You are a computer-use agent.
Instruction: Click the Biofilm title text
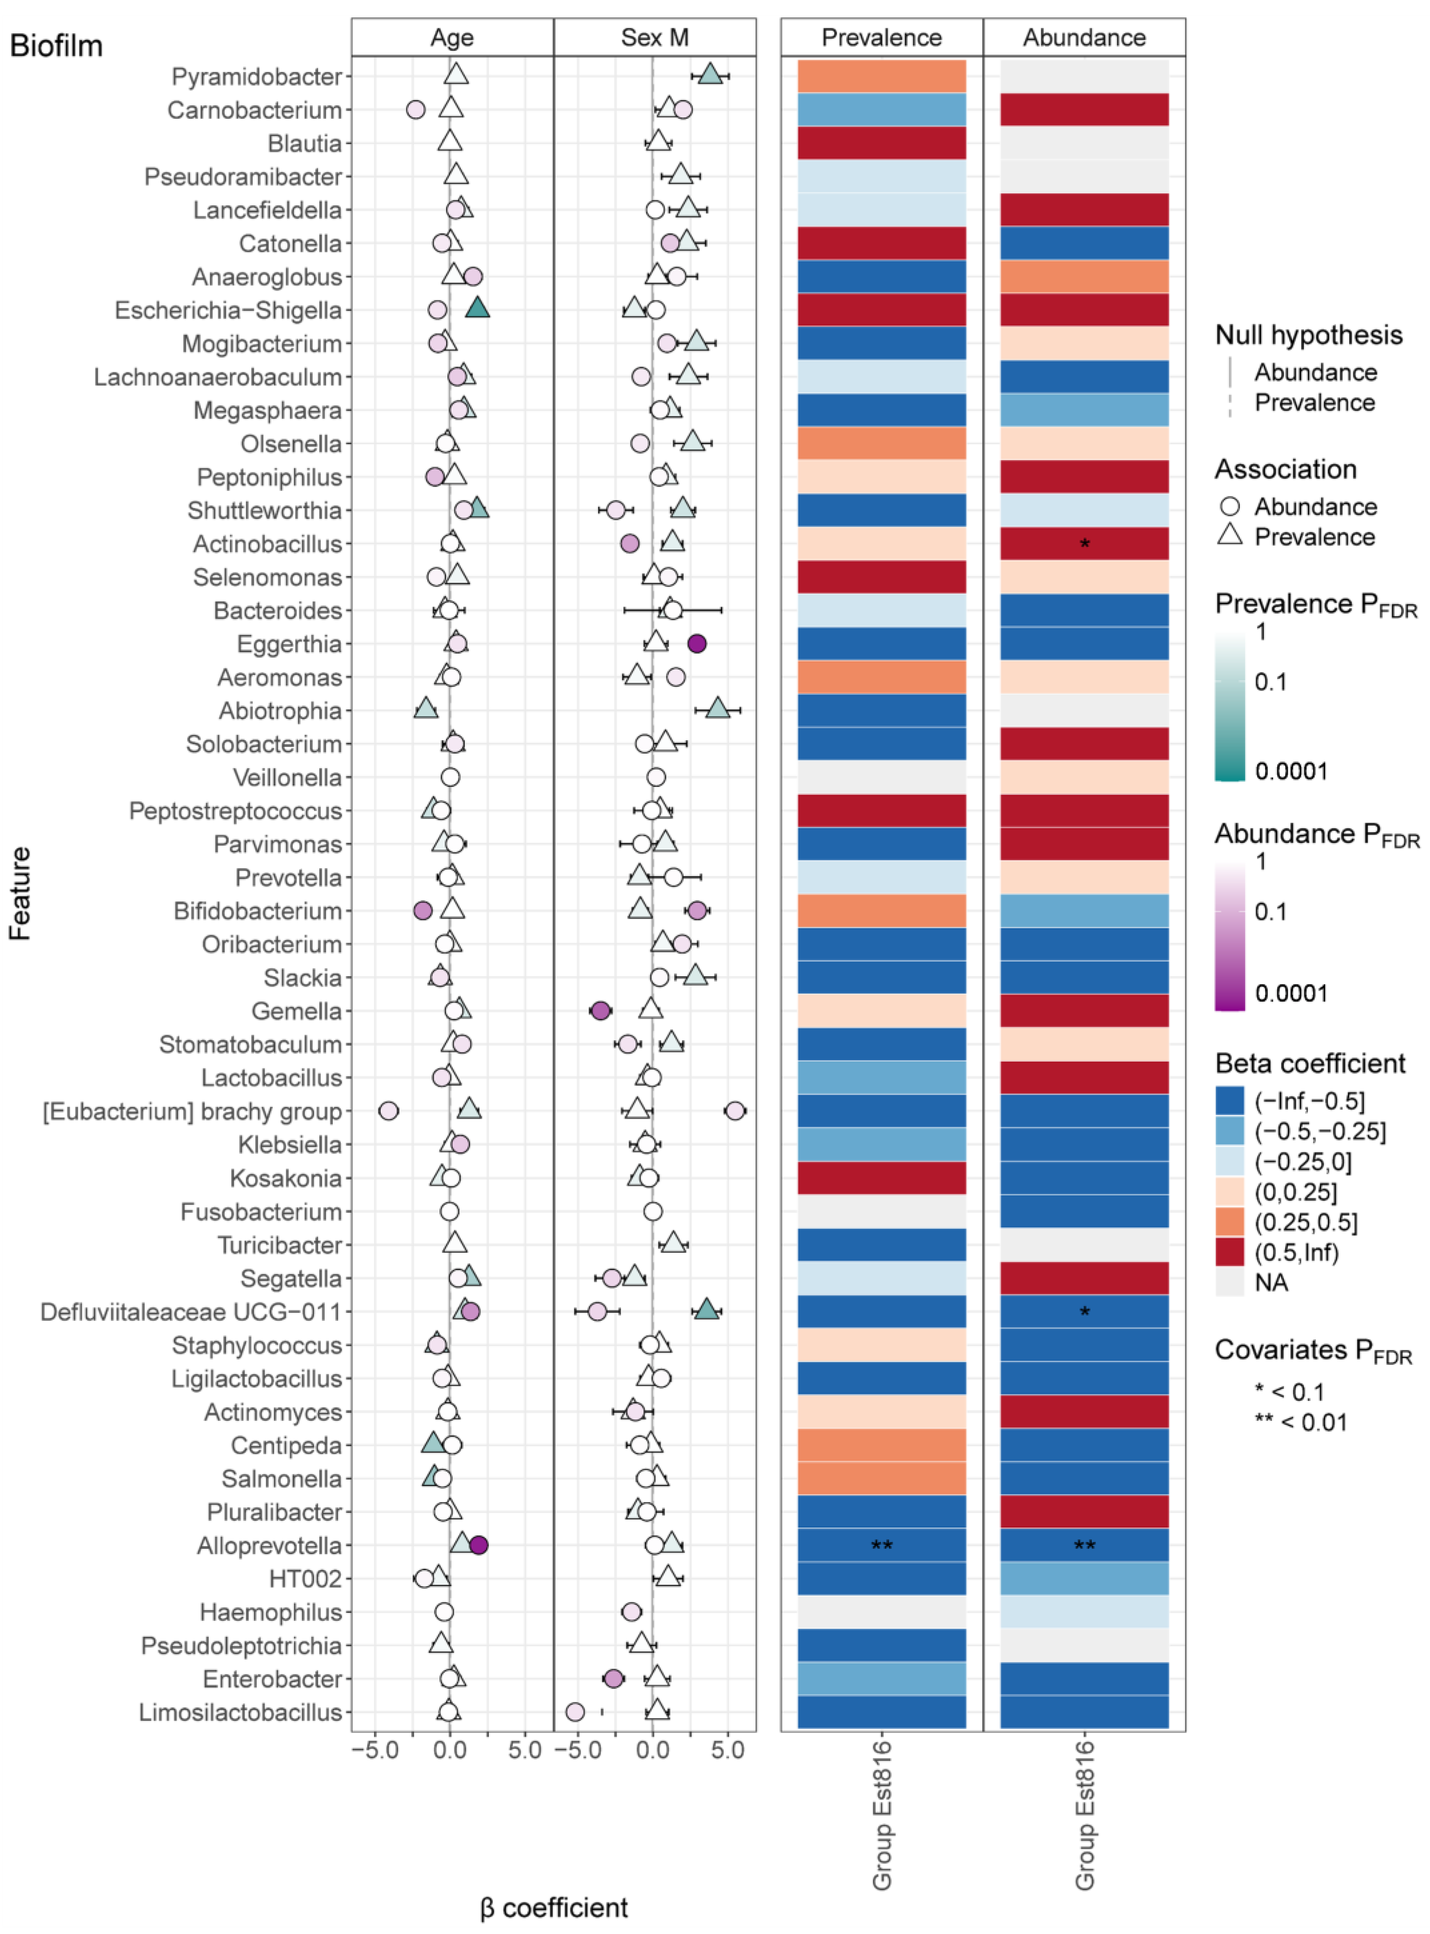56,45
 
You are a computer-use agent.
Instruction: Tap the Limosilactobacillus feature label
241,1712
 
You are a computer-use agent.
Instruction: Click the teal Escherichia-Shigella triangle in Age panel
478,308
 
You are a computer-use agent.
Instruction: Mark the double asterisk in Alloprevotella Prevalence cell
881,1546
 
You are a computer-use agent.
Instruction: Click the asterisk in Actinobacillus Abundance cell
1085,545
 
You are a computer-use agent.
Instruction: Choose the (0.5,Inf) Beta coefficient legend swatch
1229,1252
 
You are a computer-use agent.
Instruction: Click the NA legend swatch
1229,1282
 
